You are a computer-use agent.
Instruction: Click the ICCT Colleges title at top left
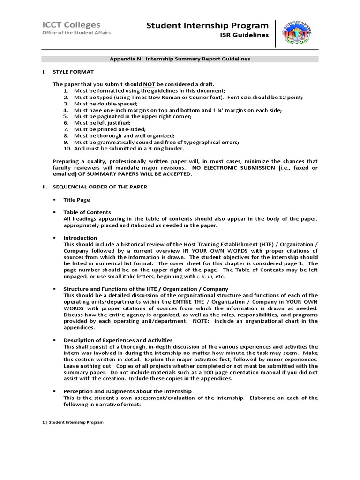[71, 25]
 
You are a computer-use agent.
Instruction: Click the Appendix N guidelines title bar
[180, 59]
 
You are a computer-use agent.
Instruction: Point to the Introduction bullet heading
[80, 238]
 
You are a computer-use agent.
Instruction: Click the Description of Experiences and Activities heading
[118, 340]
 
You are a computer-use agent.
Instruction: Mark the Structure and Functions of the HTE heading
[146, 289]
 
